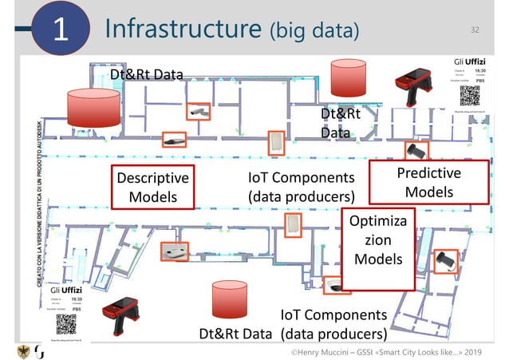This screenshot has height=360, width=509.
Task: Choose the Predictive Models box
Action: click(x=429, y=184)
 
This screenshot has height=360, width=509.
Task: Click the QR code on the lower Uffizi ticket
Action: click(x=66, y=323)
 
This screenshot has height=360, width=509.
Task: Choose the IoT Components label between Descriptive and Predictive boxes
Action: click(x=300, y=187)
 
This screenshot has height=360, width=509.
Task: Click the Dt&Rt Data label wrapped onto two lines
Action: click(x=341, y=123)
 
